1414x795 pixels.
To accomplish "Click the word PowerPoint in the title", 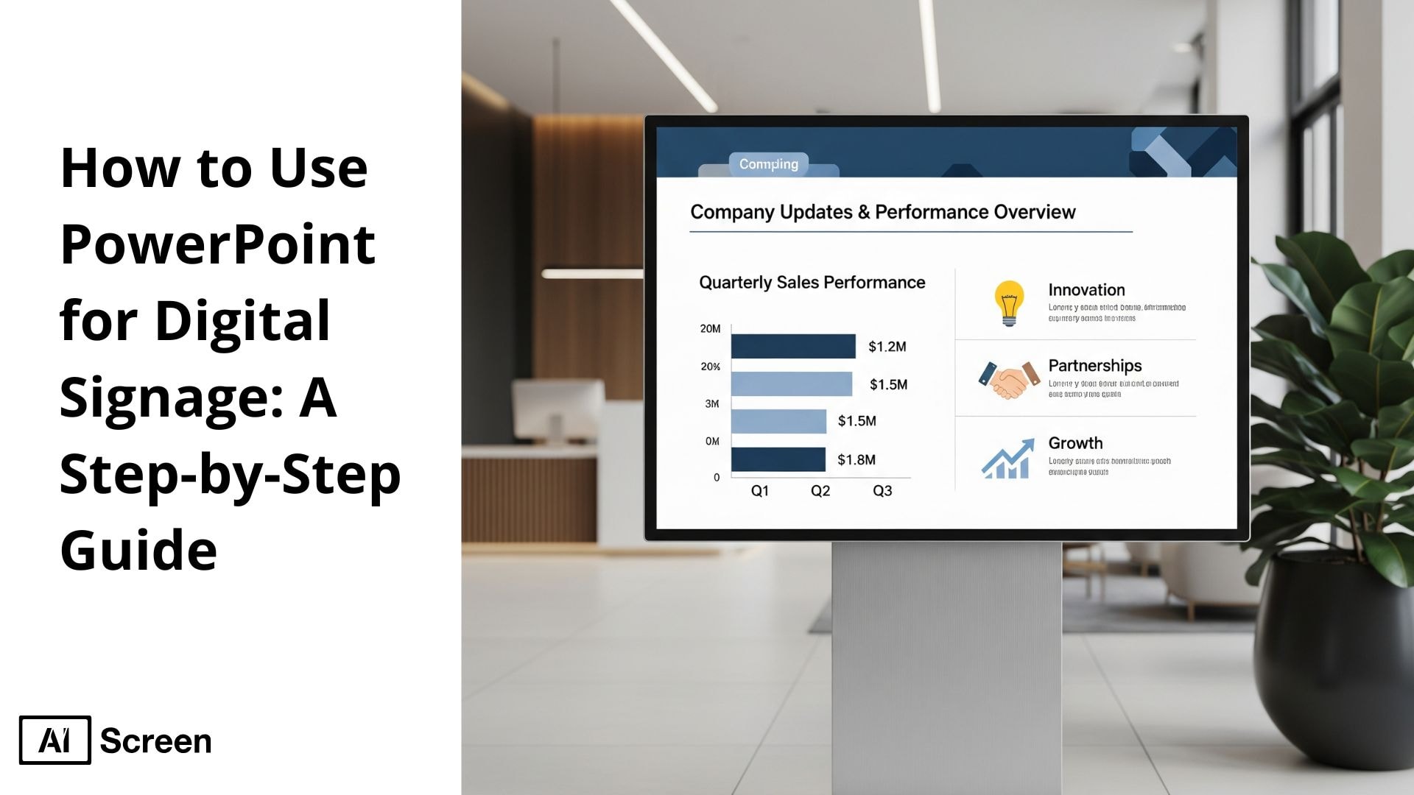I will (x=218, y=244).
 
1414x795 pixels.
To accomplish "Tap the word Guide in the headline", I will (x=138, y=550).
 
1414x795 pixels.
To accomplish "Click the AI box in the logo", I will (x=55, y=740).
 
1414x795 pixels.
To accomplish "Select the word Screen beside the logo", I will (x=155, y=741).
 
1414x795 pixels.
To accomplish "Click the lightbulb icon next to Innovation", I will (x=1009, y=303).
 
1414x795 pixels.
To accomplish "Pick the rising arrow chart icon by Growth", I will (x=1007, y=459).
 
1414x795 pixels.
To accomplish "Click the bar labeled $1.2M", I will (x=792, y=346).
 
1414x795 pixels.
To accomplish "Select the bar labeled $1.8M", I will (x=778, y=459).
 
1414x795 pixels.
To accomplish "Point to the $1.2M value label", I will (x=887, y=347).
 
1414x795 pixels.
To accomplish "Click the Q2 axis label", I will (x=820, y=491).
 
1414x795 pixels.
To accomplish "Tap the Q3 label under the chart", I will (x=882, y=491).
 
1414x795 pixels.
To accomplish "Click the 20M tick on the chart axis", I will (x=710, y=329).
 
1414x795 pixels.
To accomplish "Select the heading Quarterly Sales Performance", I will (x=812, y=283).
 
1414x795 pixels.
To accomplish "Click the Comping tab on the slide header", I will (x=768, y=164).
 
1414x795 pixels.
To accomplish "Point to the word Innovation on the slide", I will (x=1086, y=290).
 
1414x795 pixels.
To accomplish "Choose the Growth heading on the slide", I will (x=1075, y=443).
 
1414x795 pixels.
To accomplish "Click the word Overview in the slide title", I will (x=1034, y=212).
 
